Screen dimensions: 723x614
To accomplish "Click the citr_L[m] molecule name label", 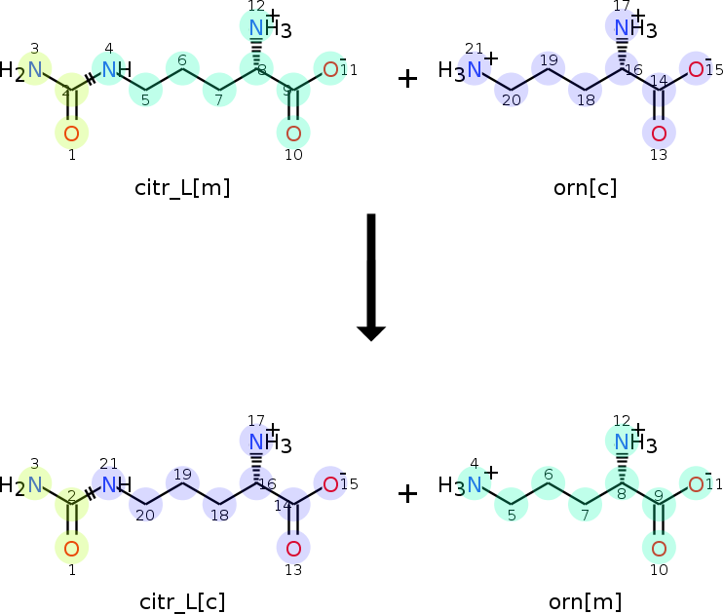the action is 182,188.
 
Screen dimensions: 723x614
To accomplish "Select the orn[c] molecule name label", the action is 585,188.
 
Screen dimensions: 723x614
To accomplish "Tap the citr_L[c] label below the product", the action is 182,602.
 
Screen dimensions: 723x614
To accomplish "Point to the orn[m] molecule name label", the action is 585,602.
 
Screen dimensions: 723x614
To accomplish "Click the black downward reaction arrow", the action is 371,277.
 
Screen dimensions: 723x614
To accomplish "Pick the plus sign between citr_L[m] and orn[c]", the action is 407,79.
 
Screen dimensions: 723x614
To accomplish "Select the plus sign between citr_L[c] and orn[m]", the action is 407,493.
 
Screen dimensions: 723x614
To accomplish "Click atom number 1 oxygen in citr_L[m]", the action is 71,134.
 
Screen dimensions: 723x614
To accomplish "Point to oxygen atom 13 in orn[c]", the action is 659,134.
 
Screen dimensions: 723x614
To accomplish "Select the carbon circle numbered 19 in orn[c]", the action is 549,69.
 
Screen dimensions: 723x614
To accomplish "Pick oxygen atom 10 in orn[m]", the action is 659,548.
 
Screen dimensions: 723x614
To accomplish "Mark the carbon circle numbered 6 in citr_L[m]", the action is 182,69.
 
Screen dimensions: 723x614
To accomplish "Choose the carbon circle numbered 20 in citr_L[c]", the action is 145,505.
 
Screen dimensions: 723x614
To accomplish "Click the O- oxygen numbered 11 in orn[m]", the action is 697,484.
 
